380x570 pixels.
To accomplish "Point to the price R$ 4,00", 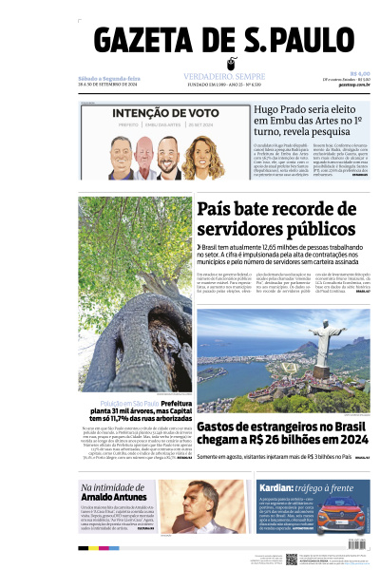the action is [x=359, y=75].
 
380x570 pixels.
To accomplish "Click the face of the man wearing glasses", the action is [x=208, y=503].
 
